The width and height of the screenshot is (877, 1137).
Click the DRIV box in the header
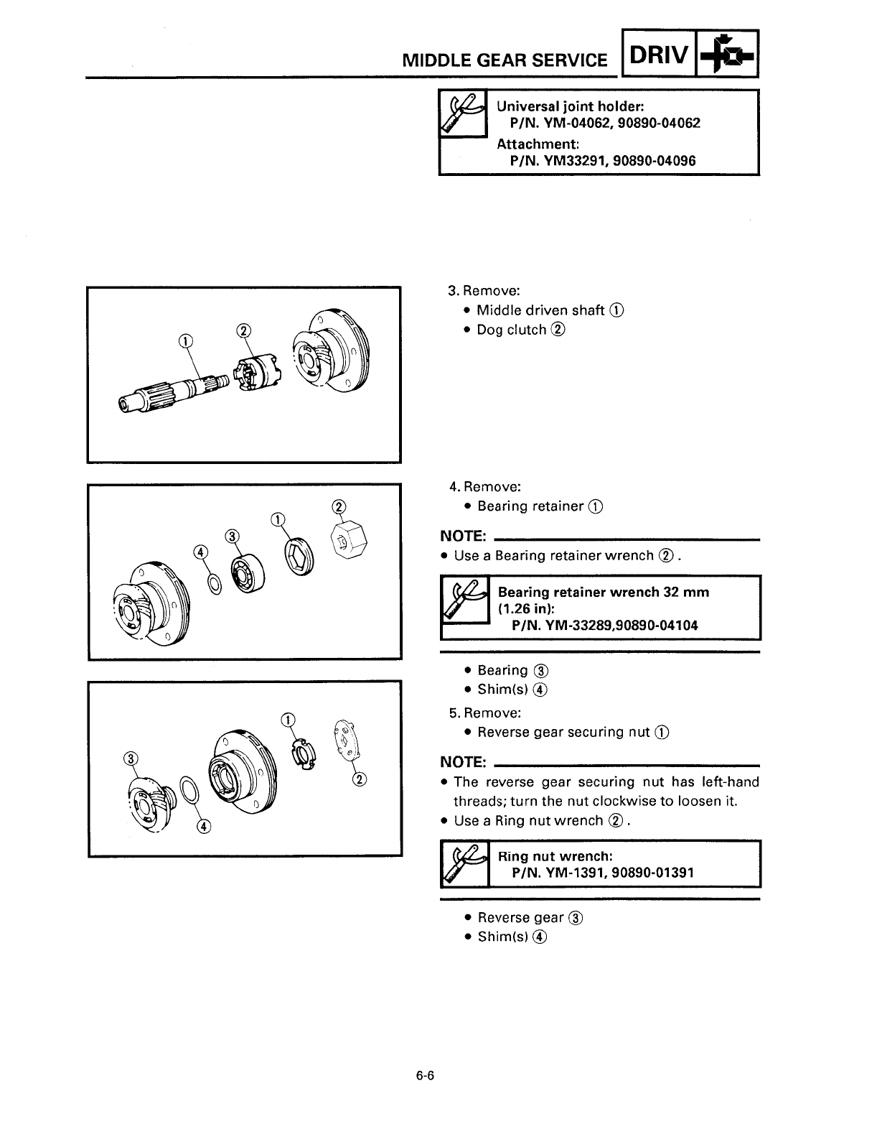tap(659, 54)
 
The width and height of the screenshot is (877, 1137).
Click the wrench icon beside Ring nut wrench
tap(463, 863)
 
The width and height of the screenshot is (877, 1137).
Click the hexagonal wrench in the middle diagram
tap(347, 539)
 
